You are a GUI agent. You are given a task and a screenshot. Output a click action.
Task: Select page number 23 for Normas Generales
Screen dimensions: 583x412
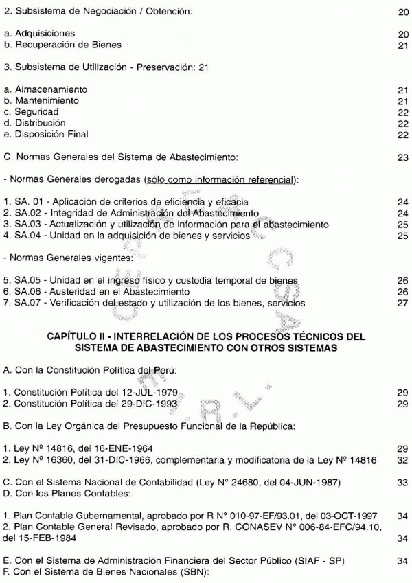(x=402, y=157)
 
